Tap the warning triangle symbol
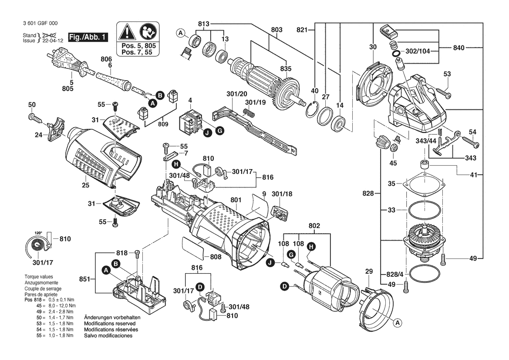point(127,31)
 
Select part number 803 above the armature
point(276,30)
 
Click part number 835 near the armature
point(286,68)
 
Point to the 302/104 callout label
point(418,51)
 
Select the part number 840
point(461,47)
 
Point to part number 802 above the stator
point(314,226)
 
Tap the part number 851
point(85,278)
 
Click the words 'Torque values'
point(39,277)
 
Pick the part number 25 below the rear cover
point(85,186)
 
